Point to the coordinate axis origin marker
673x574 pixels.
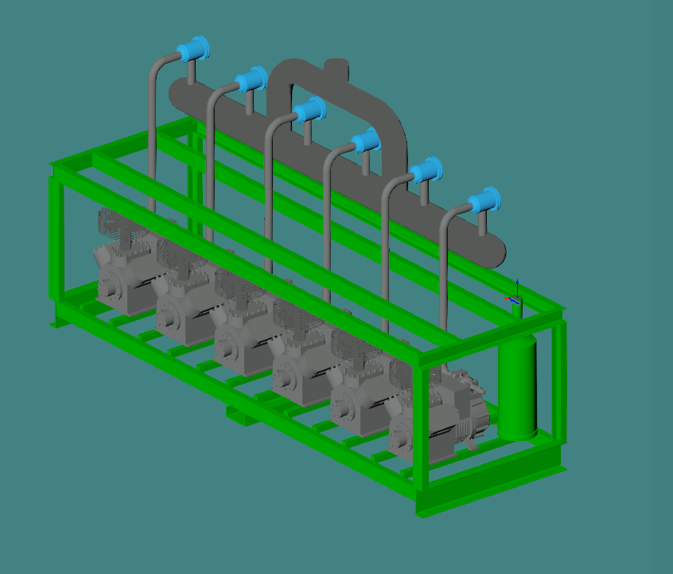tap(516, 299)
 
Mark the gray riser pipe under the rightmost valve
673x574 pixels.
tap(442, 271)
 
